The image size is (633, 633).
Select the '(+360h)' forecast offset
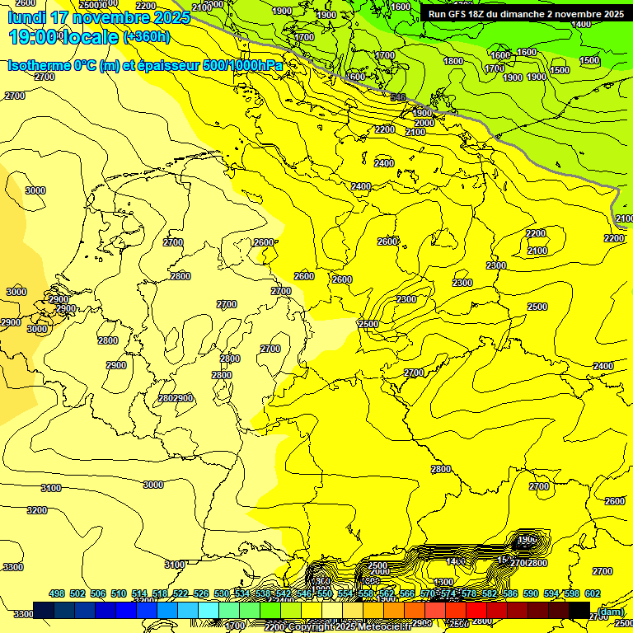point(147,37)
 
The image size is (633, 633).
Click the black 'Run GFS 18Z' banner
point(525,14)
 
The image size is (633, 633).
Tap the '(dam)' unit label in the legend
point(610,611)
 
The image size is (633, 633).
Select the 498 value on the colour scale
point(57,593)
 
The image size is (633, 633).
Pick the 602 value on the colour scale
point(593,593)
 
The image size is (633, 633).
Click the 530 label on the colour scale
point(222,593)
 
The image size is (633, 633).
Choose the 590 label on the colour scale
point(531,593)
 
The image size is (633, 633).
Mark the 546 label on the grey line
point(398,97)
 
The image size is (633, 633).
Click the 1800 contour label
point(453,61)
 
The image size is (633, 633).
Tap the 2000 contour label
point(424,123)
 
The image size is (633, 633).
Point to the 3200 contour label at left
point(37,510)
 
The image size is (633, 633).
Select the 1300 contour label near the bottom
point(444,583)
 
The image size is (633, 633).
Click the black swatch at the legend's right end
point(579,610)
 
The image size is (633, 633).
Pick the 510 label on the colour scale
point(119,593)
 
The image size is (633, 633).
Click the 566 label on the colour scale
point(407,593)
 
